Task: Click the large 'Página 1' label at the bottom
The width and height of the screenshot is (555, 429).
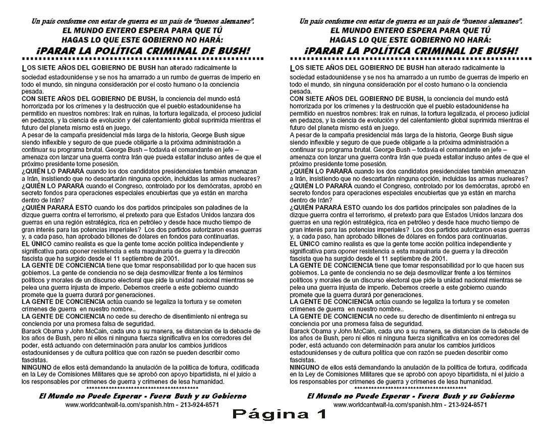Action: pyautogui.click(x=279, y=415)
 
